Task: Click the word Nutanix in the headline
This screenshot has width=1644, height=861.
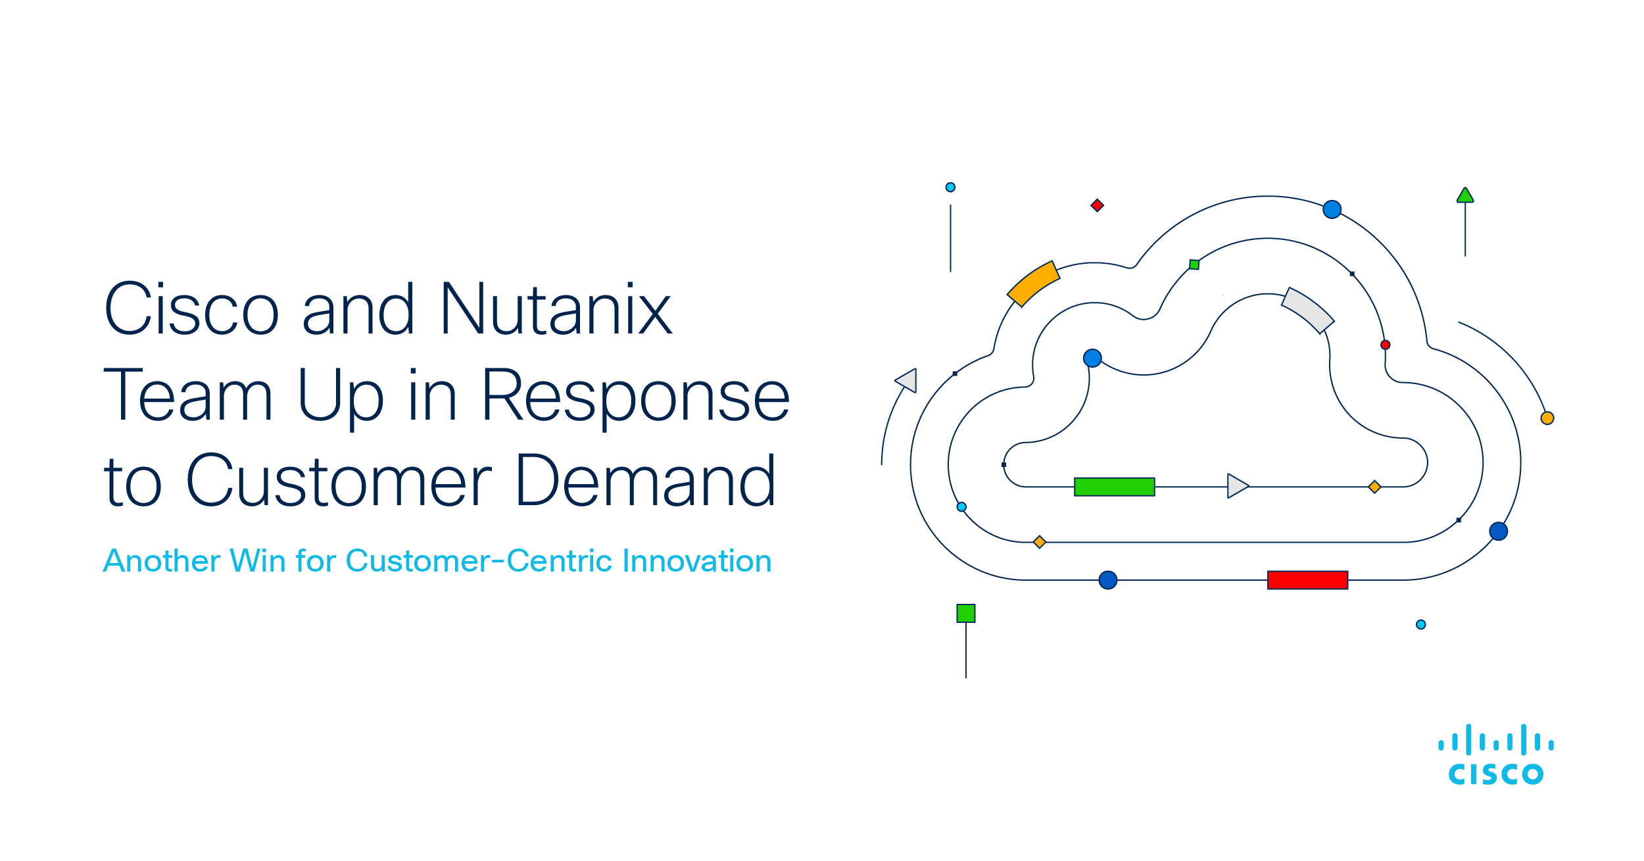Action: pyautogui.click(x=556, y=309)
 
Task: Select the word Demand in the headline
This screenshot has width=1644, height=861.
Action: pyautogui.click(x=645, y=481)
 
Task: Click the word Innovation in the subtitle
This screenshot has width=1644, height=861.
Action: pyautogui.click(x=696, y=560)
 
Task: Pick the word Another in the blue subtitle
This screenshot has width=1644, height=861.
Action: pyautogui.click(x=162, y=561)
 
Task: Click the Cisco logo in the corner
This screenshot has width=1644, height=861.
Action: pyautogui.click(x=1496, y=755)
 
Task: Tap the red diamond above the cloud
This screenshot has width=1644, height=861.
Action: pyautogui.click(x=1097, y=205)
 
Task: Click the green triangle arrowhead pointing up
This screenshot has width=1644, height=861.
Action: pyautogui.click(x=1465, y=195)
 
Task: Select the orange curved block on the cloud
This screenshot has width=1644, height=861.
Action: pyautogui.click(x=1033, y=283)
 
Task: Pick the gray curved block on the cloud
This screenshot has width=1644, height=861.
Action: pyautogui.click(x=1307, y=310)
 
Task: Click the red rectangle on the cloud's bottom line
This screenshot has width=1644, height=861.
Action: pyautogui.click(x=1307, y=580)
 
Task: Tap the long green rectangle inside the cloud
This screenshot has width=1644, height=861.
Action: pyautogui.click(x=1114, y=487)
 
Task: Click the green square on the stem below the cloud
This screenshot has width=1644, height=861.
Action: pyautogui.click(x=965, y=613)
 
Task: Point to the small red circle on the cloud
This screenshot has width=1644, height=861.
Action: pyautogui.click(x=1385, y=345)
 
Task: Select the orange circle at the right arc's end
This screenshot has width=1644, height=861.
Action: pyautogui.click(x=1547, y=418)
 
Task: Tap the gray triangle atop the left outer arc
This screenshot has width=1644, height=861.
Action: pyautogui.click(x=907, y=380)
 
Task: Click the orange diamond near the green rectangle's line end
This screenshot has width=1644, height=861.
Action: pyautogui.click(x=1374, y=487)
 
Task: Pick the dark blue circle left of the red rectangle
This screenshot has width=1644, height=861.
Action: pyautogui.click(x=1108, y=580)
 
